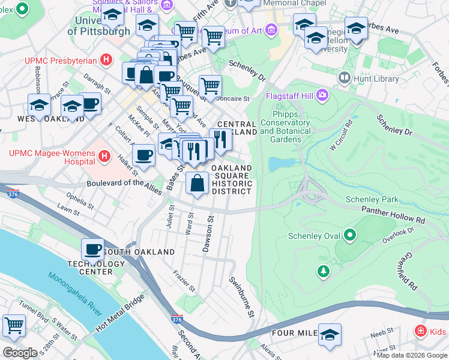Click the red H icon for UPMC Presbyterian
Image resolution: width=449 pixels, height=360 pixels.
click(106, 60)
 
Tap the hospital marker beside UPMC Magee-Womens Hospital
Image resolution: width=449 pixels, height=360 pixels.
click(105, 157)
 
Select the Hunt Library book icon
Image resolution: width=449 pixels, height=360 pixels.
click(345, 77)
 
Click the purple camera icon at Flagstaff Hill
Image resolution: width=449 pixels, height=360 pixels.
click(323, 95)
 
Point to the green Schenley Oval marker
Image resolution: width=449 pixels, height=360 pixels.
click(348, 236)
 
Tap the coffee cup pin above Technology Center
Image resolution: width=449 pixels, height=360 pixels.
click(93, 248)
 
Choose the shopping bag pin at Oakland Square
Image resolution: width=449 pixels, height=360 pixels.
click(197, 183)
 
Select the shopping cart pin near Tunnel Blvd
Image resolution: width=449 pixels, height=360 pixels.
click(14, 325)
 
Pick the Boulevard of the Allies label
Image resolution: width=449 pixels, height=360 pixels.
click(124, 187)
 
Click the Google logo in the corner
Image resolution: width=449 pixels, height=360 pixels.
click(20, 353)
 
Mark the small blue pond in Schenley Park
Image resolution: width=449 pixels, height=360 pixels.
click(282, 163)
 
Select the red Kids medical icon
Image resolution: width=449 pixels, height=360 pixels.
click(422, 331)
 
